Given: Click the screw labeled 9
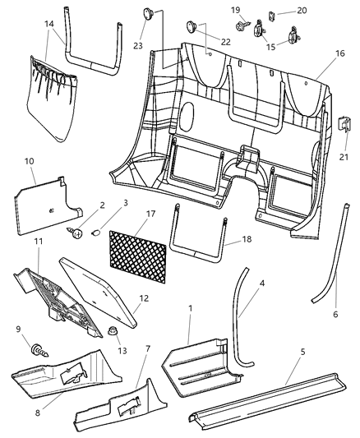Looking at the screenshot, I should coord(38,351).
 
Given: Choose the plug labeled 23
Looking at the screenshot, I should coord(149,13).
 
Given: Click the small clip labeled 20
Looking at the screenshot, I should coord(270,13).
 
